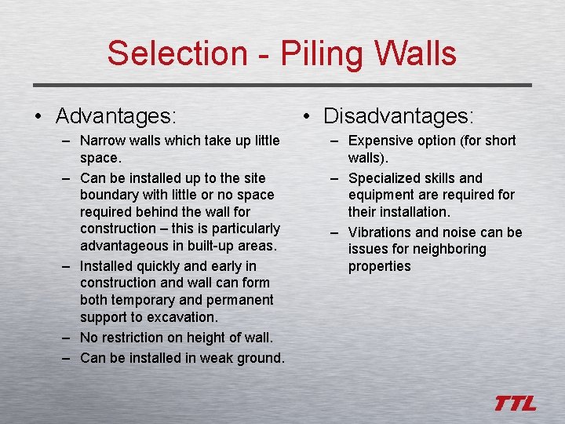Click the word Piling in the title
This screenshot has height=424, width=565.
click(x=308, y=53)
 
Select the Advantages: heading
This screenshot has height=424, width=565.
click(x=115, y=116)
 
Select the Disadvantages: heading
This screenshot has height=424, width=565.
click(x=399, y=116)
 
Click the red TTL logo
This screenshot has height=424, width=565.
click(x=516, y=404)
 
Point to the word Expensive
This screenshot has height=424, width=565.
click(x=381, y=141)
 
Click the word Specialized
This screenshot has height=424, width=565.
click(x=385, y=178)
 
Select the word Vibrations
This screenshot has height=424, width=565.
click(x=380, y=232)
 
